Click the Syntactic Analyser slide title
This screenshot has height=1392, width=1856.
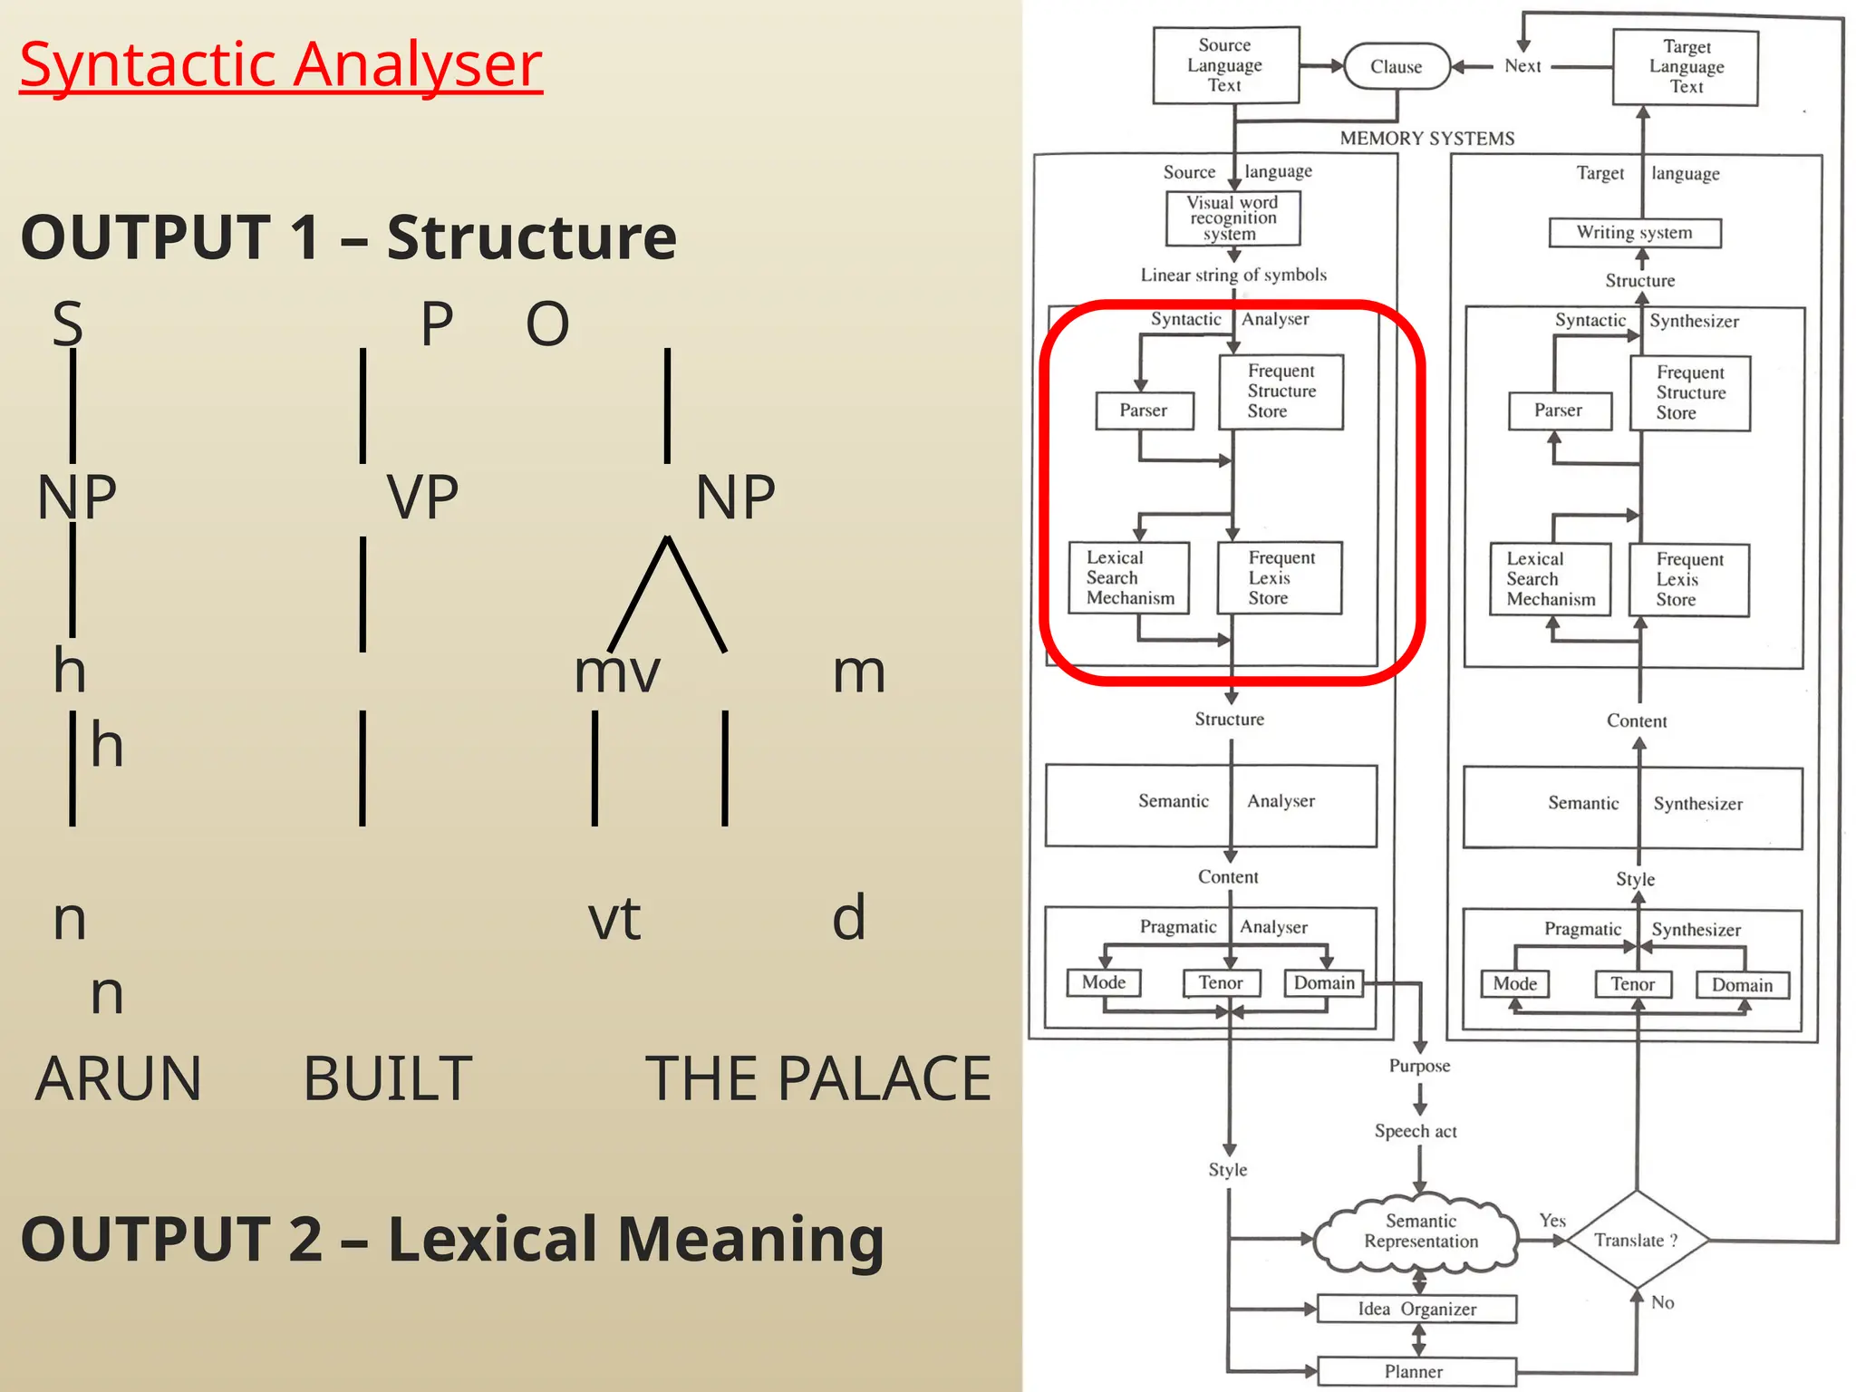coord(281,65)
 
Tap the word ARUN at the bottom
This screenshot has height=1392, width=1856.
coord(118,1078)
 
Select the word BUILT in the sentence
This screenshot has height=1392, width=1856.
coord(387,1078)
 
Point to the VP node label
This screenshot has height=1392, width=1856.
coord(422,497)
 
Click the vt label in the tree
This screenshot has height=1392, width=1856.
coord(614,918)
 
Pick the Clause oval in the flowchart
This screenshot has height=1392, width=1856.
coord(1397,66)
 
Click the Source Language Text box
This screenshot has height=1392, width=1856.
coord(1225,65)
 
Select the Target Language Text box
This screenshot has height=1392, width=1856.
coord(1686,67)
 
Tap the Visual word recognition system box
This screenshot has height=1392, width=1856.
coord(1232,218)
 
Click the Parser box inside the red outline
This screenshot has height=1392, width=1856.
coord(1144,411)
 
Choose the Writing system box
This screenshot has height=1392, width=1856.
coord(1635,233)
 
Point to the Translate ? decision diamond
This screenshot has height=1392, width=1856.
coord(1637,1240)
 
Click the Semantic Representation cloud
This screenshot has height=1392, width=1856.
coord(1420,1232)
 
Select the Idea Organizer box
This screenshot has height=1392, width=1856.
coord(1416,1309)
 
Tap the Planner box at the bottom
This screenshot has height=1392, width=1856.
coord(1416,1371)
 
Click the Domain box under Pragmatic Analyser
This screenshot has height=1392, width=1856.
coord(1324,983)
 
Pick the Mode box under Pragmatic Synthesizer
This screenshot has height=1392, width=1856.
coord(1515,984)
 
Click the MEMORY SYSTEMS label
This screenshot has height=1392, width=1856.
coord(1427,139)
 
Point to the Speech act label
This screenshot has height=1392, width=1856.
coord(1416,1131)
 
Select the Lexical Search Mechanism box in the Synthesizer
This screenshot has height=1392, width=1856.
coord(1551,579)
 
